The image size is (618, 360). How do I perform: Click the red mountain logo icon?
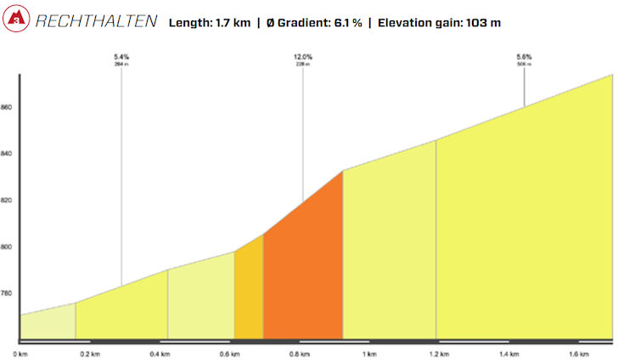pos(16,20)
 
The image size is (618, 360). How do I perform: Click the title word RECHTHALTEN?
pos(96,21)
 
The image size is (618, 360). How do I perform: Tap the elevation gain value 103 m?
pos(480,22)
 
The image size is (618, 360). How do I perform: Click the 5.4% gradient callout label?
pos(121,57)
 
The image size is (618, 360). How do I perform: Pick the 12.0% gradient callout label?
pos(303,57)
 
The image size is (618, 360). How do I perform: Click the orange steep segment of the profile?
pos(303,272)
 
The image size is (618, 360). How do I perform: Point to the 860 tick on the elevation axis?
pos(7,108)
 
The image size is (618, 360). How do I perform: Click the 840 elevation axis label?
pos(7,154)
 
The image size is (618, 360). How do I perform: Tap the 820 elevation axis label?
pos(7,200)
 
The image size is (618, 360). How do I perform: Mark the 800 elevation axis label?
pos(7,247)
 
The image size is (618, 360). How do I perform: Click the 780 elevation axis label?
pos(7,294)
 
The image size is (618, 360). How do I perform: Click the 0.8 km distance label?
pos(297,353)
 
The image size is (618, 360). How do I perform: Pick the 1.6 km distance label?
pos(579,353)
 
